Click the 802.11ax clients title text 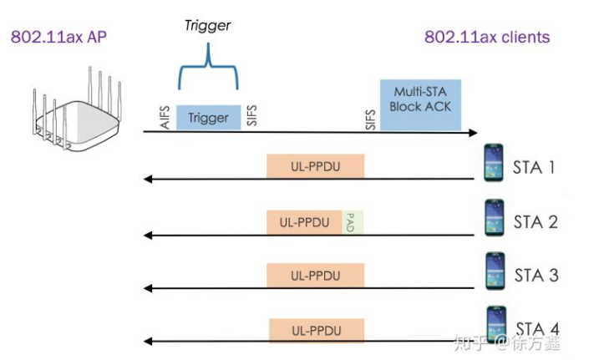point(486,37)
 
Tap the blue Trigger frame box point(208,118)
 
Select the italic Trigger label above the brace point(208,26)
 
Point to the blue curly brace point(208,71)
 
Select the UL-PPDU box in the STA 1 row point(315,166)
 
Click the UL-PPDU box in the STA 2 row point(304,222)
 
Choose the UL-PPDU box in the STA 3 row point(315,275)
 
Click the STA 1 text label point(535,167)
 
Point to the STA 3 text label point(536,275)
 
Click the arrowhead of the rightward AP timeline point(474,132)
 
